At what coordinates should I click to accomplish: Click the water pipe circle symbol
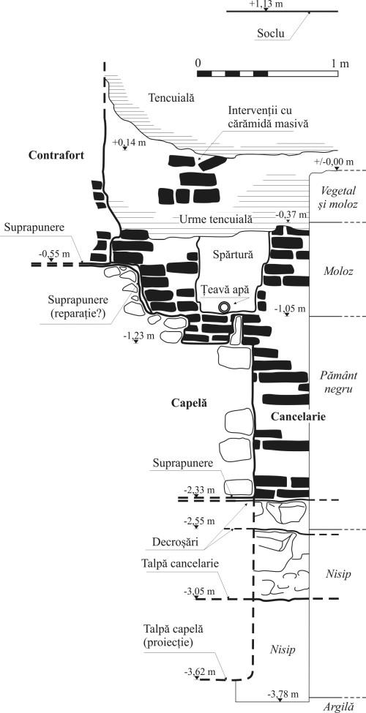(x=224, y=306)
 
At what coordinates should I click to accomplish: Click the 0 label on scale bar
(x=198, y=64)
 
